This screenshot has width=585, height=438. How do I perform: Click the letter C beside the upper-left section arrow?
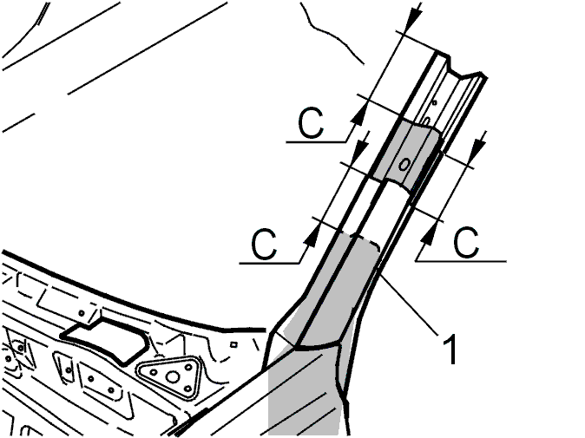311,123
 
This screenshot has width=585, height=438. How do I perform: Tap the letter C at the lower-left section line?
264,245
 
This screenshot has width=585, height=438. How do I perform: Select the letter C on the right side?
466,242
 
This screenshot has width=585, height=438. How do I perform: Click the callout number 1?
451,349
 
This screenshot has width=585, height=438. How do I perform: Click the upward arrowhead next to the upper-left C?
359,113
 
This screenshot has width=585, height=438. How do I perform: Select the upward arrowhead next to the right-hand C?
429,233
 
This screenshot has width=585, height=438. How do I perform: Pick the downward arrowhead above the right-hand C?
478,147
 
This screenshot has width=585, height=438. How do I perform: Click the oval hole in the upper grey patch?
404,164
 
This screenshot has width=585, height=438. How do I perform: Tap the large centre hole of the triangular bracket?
172,377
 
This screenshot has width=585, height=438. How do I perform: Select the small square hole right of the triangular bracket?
233,344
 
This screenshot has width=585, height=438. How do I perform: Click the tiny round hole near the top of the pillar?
434,101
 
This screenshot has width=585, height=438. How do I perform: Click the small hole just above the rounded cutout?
82,312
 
